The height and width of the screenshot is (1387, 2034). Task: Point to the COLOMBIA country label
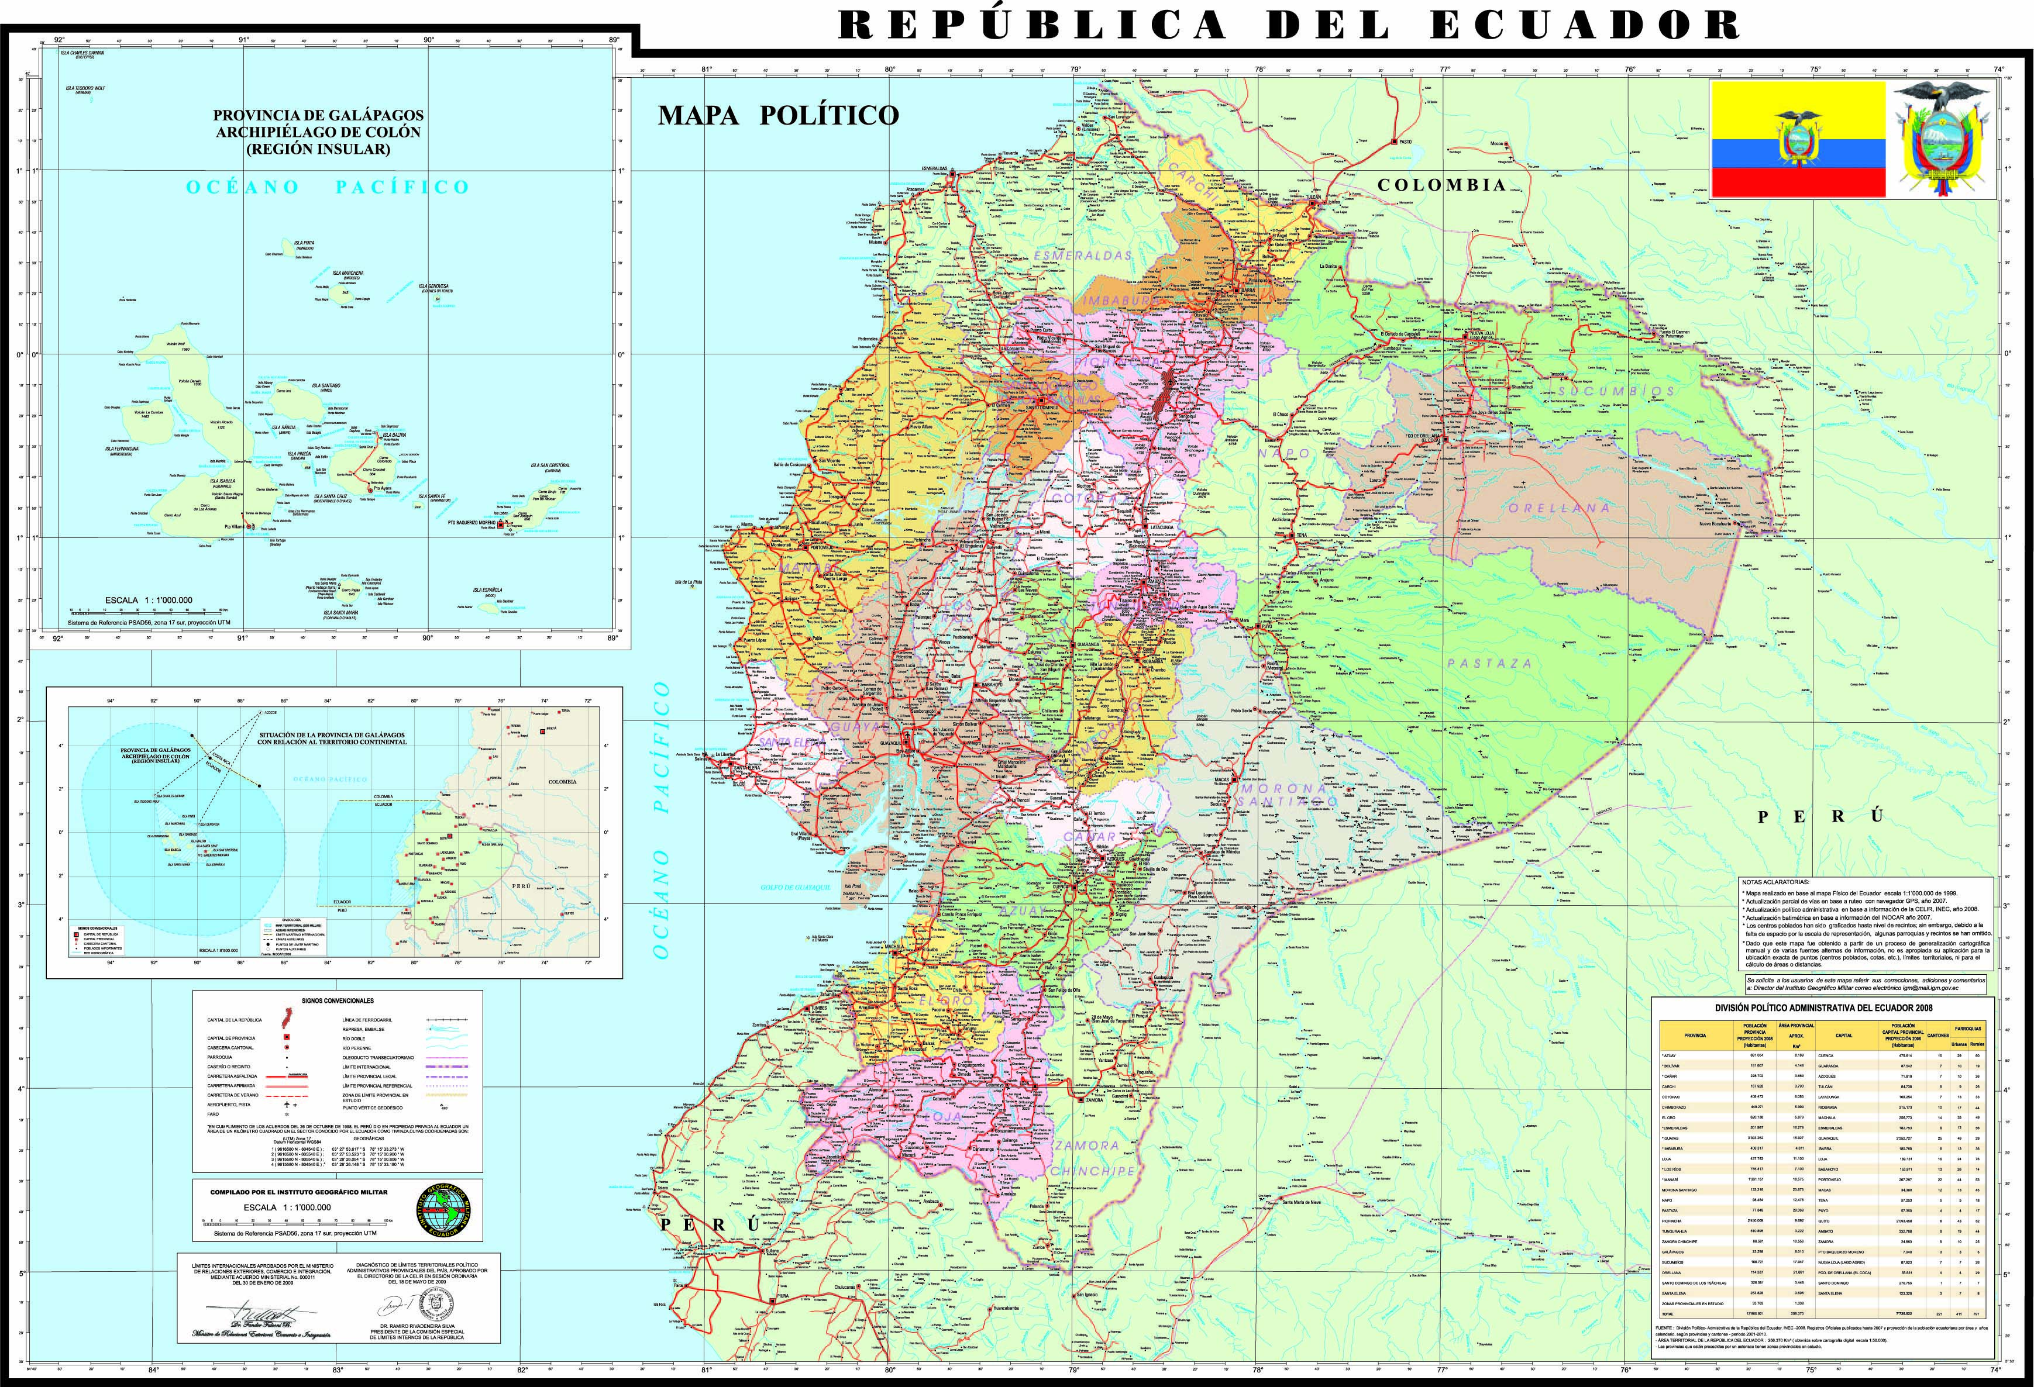1441,185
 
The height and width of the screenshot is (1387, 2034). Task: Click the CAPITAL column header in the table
1844,1035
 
